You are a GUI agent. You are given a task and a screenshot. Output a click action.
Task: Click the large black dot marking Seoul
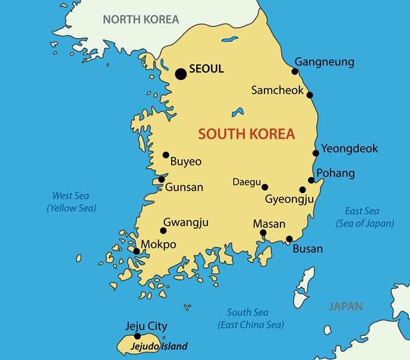point(181,74)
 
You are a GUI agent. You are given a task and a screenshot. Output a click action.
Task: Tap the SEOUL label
point(207,69)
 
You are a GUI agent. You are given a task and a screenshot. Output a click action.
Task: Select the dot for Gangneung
point(295,71)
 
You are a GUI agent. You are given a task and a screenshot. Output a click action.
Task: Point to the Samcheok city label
point(277,90)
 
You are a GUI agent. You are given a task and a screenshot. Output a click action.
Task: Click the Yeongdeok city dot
point(316,153)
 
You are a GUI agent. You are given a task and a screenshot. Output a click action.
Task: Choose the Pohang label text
point(336,173)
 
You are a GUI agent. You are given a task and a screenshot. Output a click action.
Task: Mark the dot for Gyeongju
point(302,190)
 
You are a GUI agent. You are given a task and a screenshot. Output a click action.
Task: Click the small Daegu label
point(247,182)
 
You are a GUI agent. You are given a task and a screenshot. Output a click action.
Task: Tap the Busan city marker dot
point(289,239)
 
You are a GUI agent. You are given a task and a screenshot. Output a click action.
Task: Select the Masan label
point(269,224)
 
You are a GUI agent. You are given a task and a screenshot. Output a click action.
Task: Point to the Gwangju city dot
point(163,231)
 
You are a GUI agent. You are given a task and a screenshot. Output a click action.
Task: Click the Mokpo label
point(159,244)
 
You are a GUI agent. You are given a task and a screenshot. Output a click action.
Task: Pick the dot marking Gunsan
point(162,179)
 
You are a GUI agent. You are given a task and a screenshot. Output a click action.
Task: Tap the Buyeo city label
point(186,161)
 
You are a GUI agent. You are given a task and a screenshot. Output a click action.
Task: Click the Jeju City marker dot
point(137,336)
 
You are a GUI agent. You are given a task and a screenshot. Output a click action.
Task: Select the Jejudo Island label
point(160,346)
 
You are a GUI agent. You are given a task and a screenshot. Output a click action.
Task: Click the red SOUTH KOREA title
point(247,134)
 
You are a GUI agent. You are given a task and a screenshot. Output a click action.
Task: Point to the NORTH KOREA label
point(141,19)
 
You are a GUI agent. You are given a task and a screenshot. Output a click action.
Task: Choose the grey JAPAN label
point(346,307)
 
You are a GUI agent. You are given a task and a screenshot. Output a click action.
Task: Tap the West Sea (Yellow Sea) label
point(71,202)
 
